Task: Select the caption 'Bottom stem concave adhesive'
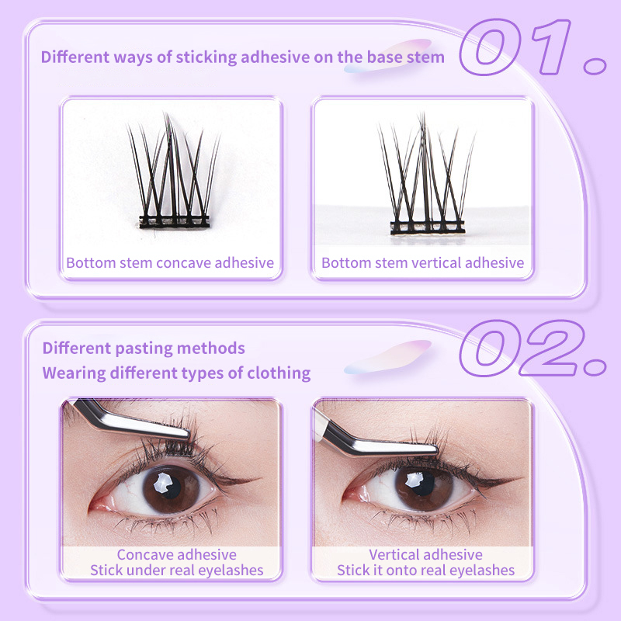tap(170, 263)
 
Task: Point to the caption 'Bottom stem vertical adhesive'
tap(422, 263)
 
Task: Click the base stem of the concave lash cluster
tap(174, 221)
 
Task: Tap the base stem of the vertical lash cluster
tap(428, 227)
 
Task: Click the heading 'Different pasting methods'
tap(144, 349)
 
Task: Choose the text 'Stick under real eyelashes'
tap(177, 571)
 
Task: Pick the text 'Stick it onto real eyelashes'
tap(425, 571)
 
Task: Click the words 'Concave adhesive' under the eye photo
tap(177, 554)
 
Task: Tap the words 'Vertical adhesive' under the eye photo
tap(425, 554)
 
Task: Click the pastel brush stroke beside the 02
tap(388, 357)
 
